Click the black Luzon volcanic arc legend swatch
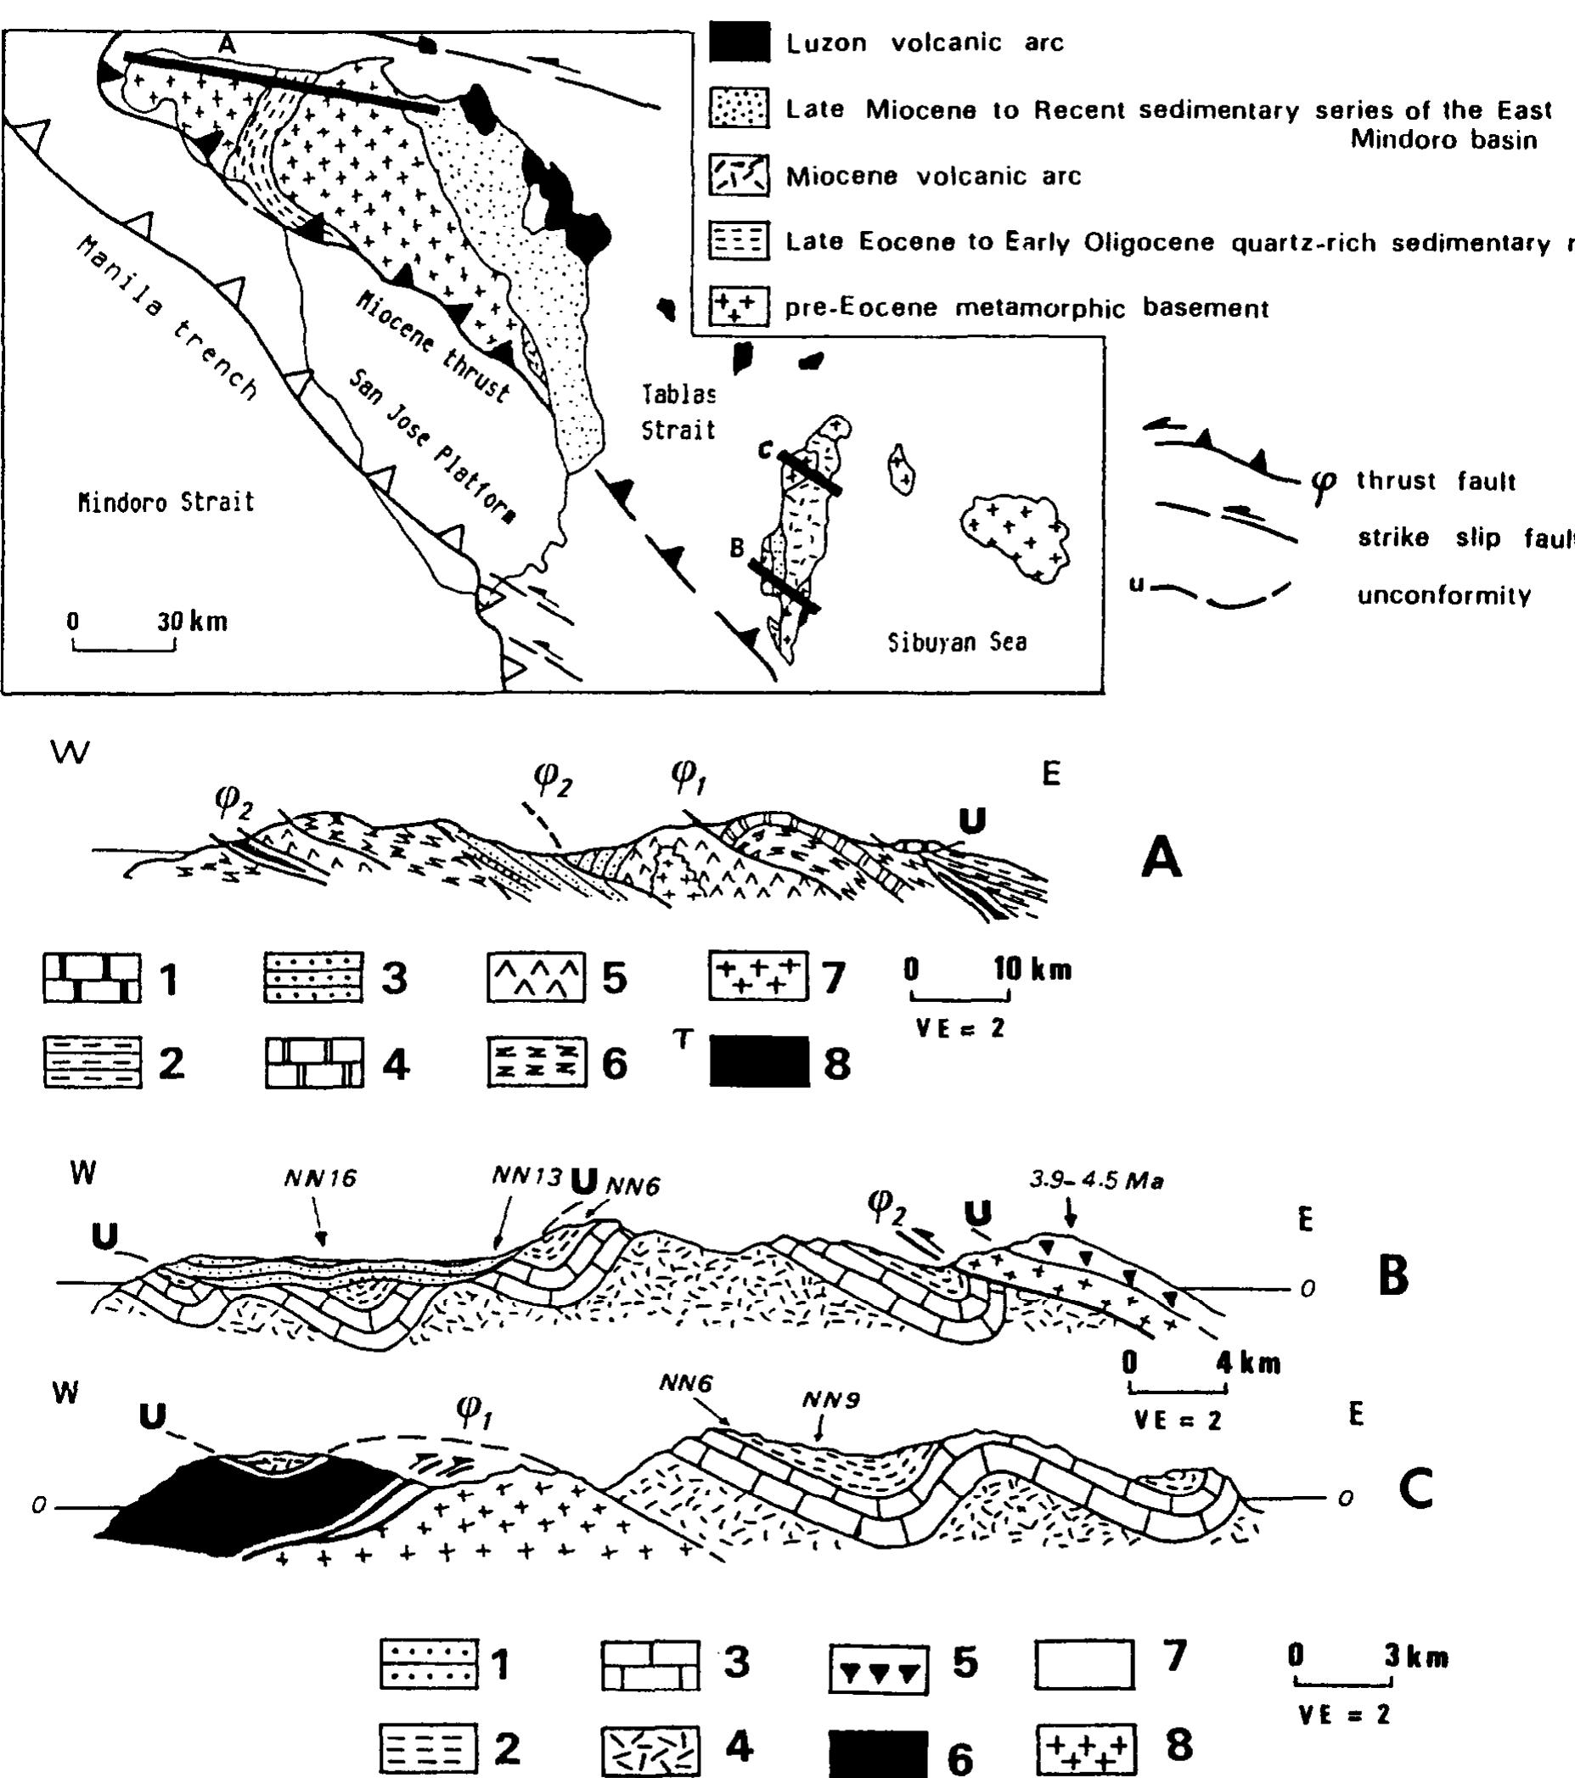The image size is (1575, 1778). tap(740, 42)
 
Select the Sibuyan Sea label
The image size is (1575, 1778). tap(957, 643)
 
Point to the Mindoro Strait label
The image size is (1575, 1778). tap(166, 502)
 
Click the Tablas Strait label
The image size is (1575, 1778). tap(678, 413)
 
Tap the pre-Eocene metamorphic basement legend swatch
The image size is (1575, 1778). tap(740, 307)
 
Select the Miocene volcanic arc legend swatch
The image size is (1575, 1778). tap(740, 176)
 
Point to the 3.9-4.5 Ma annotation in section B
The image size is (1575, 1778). tap(1097, 1180)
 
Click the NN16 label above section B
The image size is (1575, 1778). tap(320, 1178)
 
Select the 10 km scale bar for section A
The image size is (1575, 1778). tap(960, 996)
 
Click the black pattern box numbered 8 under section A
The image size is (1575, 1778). tap(758, 1062)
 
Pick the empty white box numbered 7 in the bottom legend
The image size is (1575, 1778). tap(1084, 1664)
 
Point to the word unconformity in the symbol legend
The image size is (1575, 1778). tap(1443, 596)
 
